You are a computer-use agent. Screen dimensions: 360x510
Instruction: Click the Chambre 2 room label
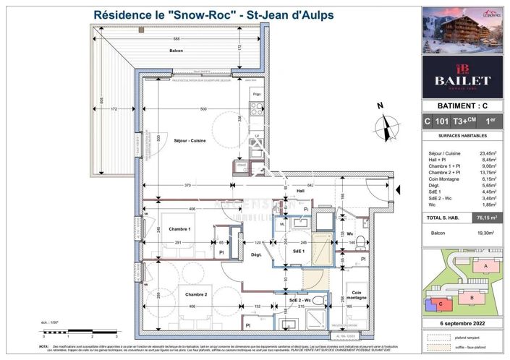coord(195,294)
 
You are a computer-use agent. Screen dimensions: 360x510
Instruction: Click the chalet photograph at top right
coord(462,30)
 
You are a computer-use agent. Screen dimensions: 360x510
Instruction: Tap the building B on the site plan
coord(471,298)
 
